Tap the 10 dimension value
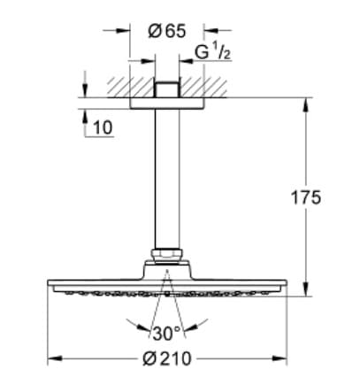tap(102, 128)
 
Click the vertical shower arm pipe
tap(165, 177)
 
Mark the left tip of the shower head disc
tap(48, 285)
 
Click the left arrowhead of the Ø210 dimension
tap(51, 358)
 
